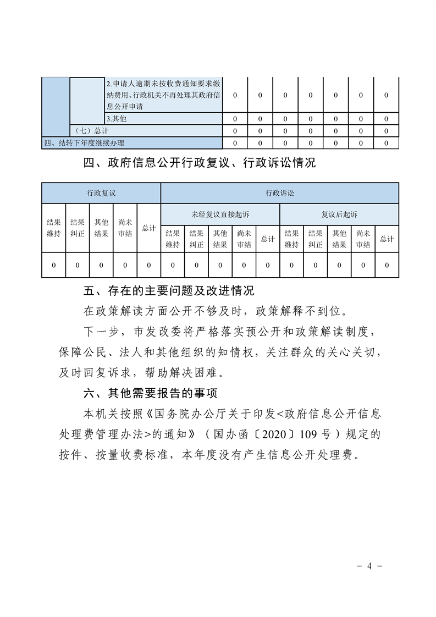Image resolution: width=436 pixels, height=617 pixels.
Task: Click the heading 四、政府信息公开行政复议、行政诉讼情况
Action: point(200,163)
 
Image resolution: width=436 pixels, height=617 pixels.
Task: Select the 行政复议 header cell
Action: point(101,193)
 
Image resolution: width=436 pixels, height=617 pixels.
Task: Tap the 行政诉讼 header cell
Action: point(279,193)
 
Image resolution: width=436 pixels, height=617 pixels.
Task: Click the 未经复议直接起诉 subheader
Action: point(220,214)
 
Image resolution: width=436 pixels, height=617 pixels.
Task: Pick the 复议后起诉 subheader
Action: point(339,214)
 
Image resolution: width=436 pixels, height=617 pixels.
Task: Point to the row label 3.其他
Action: point(120,119)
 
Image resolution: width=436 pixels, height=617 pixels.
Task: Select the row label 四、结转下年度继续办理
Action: point(84,143)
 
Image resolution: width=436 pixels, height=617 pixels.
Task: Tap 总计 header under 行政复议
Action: point(149,228)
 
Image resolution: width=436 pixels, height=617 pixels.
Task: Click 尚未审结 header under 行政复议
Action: point(125,228)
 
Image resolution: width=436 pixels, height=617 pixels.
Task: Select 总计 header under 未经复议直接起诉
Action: point(268,239)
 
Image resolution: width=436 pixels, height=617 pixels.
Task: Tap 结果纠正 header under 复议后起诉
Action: point(316,239)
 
